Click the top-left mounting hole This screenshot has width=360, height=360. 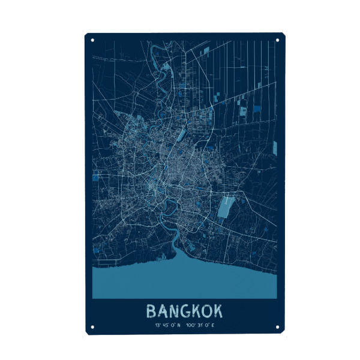pyautogui.click(x=92, y=41)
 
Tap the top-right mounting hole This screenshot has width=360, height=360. pyautogui.click(x=277, y=41)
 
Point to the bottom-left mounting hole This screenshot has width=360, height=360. pyautogui.click(x=92, y=327)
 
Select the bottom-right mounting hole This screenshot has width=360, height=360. pyautogui.click(x=277, y=327)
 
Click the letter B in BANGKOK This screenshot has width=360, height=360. pyautogui.click(x=151, y=311)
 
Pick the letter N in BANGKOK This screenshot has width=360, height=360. pyautogui.click(x=174, y=311)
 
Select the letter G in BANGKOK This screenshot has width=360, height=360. pyautogui.click(x=185, y=311)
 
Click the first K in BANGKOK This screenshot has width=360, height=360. pyautogui.click(x=196, y=311)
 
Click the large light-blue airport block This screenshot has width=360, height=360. pyautogui.click(x=226, y=206)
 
